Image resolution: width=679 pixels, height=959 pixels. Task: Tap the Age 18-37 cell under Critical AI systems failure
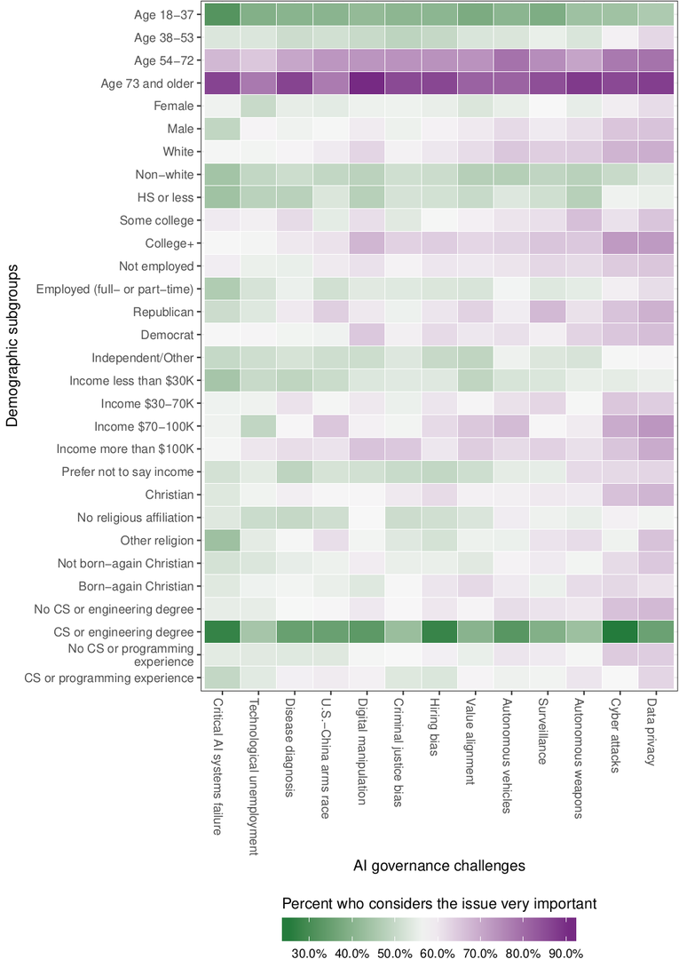[222, 14]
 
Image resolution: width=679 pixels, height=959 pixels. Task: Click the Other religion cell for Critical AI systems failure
[222, 540]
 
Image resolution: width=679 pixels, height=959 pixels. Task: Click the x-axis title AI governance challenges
[438, 864]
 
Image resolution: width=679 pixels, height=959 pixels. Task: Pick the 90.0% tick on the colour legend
[565, 953]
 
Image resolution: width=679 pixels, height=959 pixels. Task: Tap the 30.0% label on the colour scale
[309, 953]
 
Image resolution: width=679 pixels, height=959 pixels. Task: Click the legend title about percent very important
[438, 903]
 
